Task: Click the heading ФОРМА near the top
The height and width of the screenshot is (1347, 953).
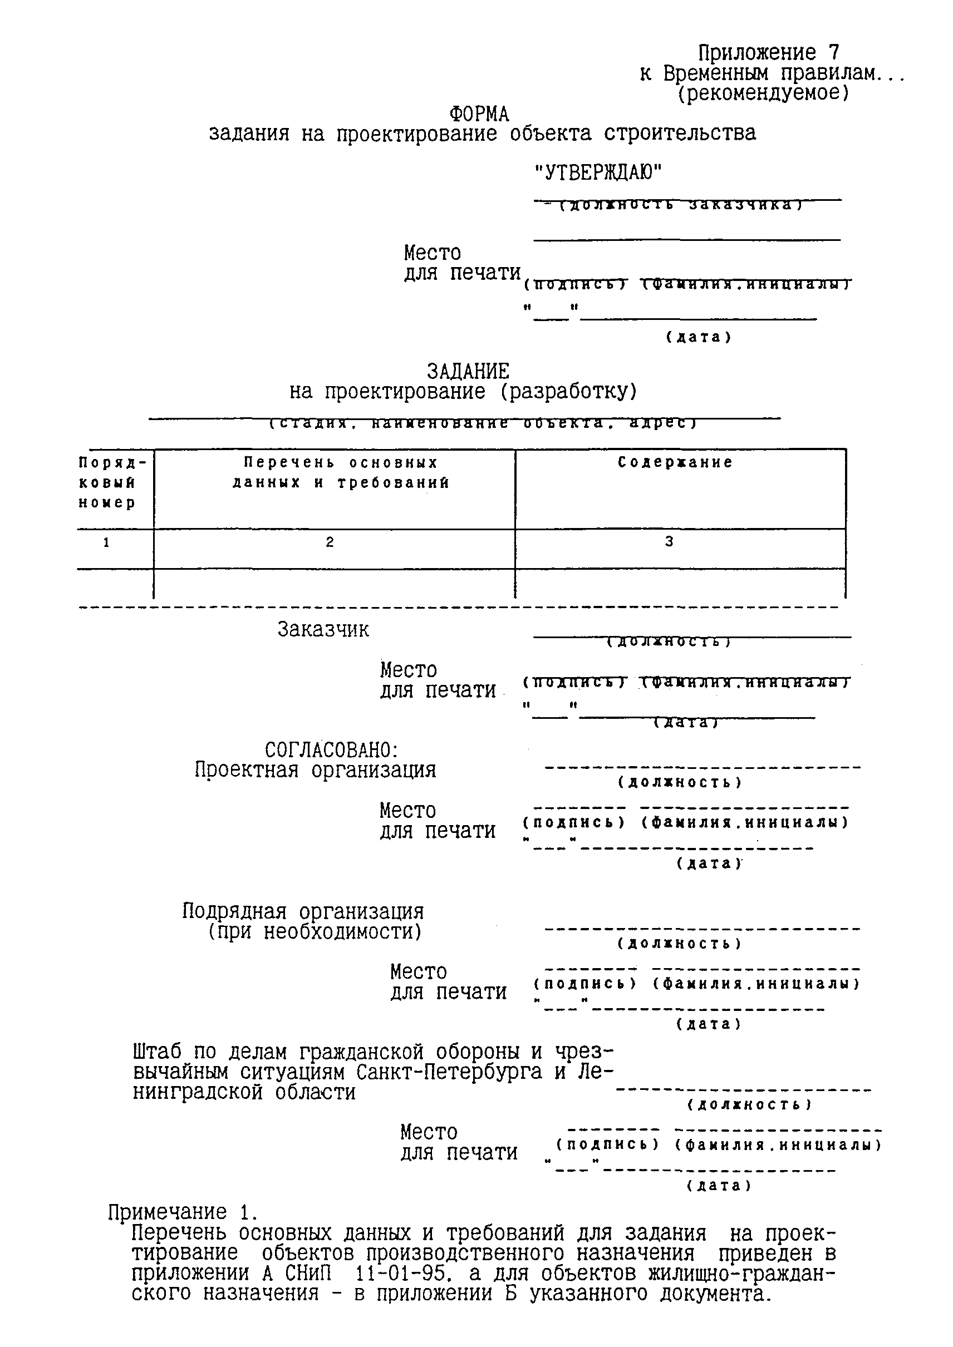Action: pos(479,114)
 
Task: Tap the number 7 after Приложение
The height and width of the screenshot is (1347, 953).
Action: pos(834,53)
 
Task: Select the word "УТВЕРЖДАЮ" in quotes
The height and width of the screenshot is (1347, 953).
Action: pos(598,172)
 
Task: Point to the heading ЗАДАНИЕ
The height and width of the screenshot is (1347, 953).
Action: pos(468,371)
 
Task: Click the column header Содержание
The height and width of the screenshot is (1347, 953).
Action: pos(675,462)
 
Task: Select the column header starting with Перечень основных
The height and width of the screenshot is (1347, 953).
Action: pos(341,473)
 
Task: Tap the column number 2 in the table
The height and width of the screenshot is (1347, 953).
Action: pos(330,542)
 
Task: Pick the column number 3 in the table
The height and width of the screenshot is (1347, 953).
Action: pos(669,542)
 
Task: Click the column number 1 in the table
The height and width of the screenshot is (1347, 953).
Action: pos(106,542)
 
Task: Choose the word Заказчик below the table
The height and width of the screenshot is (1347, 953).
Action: pos(323,629)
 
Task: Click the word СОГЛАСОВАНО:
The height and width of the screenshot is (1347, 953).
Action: pos(332,750)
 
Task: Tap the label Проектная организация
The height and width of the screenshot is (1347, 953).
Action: pos(315,770)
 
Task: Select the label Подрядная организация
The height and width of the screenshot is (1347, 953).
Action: pos(303,912)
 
